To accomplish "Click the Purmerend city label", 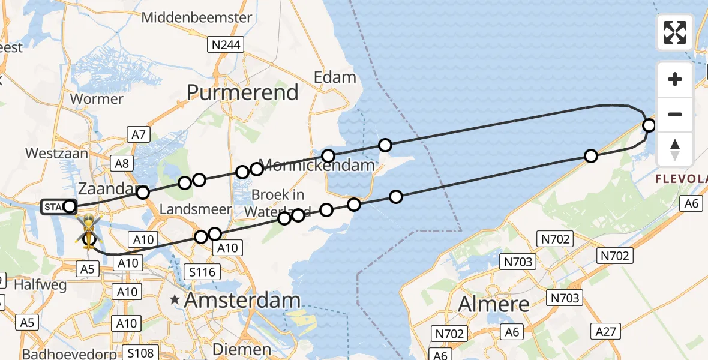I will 242,92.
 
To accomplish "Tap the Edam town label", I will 335,77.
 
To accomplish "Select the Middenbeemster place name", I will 197,17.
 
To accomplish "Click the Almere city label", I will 494,304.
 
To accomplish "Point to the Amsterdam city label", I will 241,299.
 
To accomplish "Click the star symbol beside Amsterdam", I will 175,299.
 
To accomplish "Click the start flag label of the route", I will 54,208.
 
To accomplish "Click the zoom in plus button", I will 675,79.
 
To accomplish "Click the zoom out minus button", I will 675,114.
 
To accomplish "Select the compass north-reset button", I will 675,149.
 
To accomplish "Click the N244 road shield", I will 224,44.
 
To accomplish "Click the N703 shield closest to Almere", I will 565,298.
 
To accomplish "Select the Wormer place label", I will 97,98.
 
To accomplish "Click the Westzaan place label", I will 56,153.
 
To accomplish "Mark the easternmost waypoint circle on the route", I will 649,125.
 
